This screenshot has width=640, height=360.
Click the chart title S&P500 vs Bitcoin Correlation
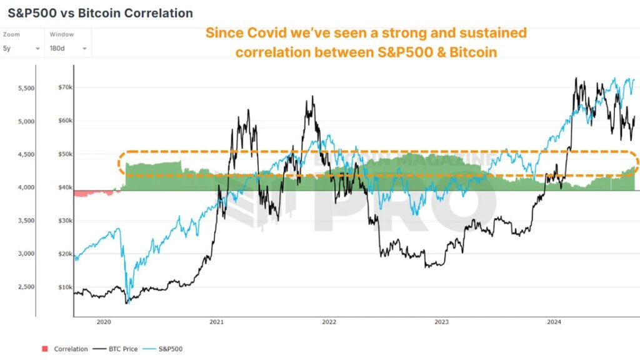[100, 13]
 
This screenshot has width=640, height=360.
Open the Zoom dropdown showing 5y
[22, 48]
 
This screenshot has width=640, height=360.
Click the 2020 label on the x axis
[104, 322]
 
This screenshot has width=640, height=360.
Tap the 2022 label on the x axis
[329, 322]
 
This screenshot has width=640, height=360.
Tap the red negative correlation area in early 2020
[94, 193]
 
